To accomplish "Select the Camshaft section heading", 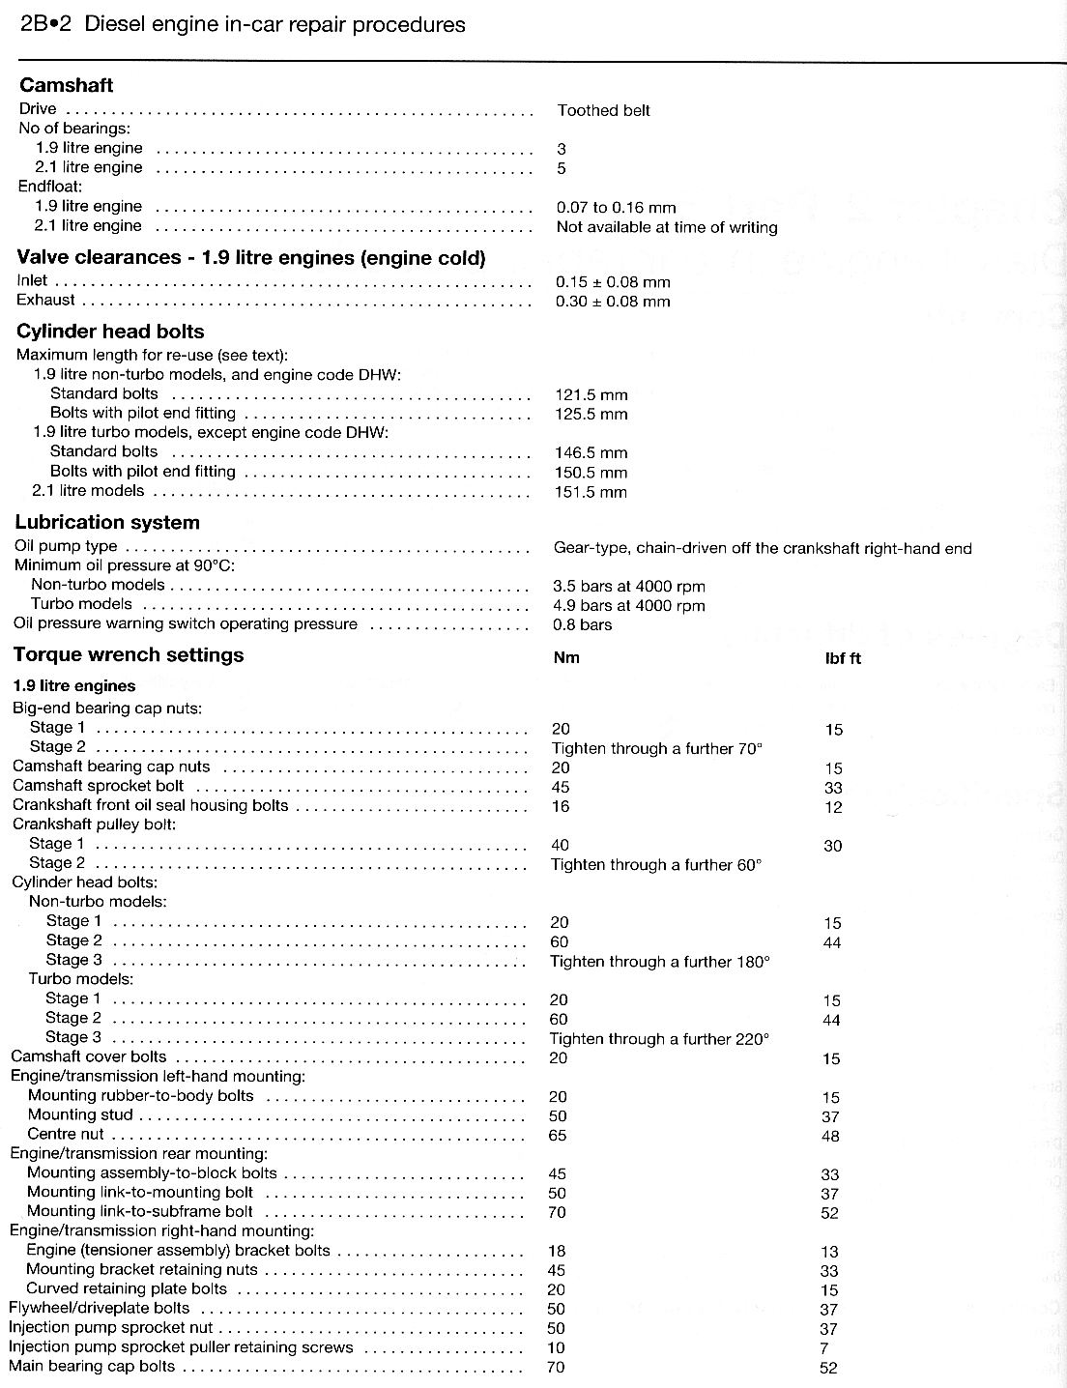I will click(67, 85).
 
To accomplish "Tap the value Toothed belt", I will click(603, 110).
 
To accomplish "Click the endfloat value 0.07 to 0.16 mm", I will click(616, 207).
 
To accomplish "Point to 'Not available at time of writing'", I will click(666, 227).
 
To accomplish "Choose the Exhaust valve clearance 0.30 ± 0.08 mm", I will click(613, 301).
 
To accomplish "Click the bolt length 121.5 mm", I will click(591, 394).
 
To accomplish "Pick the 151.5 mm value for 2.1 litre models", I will click(591, 491).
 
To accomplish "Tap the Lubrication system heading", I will click(107, 523).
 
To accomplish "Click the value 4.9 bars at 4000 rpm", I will click(628, 605).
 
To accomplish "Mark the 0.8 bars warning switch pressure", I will click(582, 624).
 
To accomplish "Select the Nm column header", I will click(565, 657).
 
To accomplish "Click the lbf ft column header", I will click(842, 657).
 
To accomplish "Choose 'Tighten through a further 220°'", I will click(659, 1039).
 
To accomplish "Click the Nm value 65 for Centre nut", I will click(557, 1135).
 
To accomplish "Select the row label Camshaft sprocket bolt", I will click(99, 786).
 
